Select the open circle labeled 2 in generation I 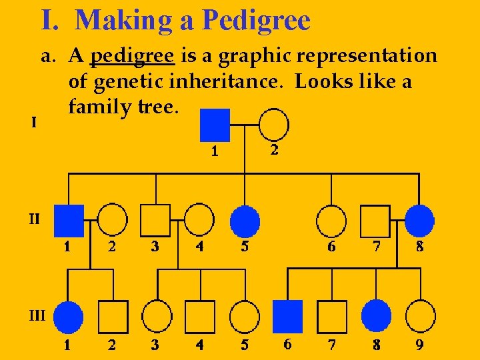(x=273, y=125)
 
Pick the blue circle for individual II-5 (x=245, y=220)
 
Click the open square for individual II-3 (x=155, y=220)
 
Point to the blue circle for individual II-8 (x=419, y=220)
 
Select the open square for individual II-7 (x=375, y=220)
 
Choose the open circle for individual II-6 (x=331, y=220)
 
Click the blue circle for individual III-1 (x=68, y=317)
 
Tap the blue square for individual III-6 (x=287, y=316)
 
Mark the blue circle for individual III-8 (x=377, y=316)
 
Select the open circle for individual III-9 (x=420, y=316)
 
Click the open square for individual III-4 (x=199, y=317)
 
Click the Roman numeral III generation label (x=37, y=315)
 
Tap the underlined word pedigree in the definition (x=132, y=56)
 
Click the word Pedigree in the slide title (x=256, y=20)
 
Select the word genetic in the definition (x=131, y=83)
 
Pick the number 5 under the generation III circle (x=245, y=345)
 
